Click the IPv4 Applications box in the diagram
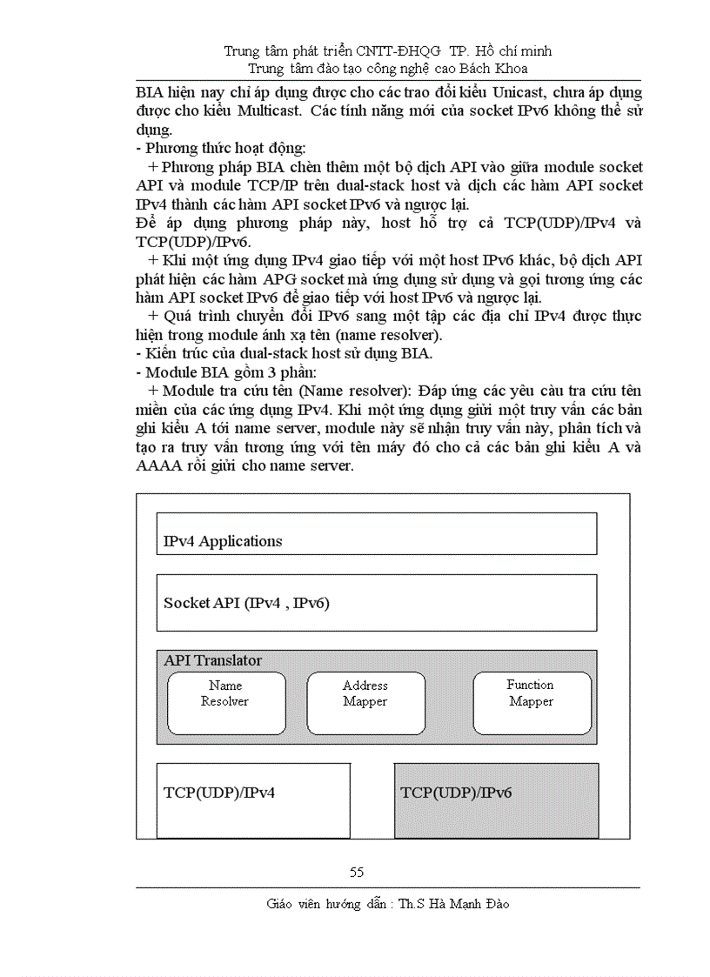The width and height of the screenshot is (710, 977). pos(376,533)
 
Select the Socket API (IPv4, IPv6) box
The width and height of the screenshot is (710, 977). pos(376,602)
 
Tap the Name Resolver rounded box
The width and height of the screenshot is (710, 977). pos(226,703)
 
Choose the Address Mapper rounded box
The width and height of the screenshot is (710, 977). pos(366,703)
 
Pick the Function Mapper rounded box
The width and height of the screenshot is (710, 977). pos(532,703)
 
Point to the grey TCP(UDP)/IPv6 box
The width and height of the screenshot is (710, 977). pos(496,800)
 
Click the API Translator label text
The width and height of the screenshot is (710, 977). pos(213,661)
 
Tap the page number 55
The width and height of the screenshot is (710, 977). pos(357,873)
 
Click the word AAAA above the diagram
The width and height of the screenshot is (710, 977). pos(160,465)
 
